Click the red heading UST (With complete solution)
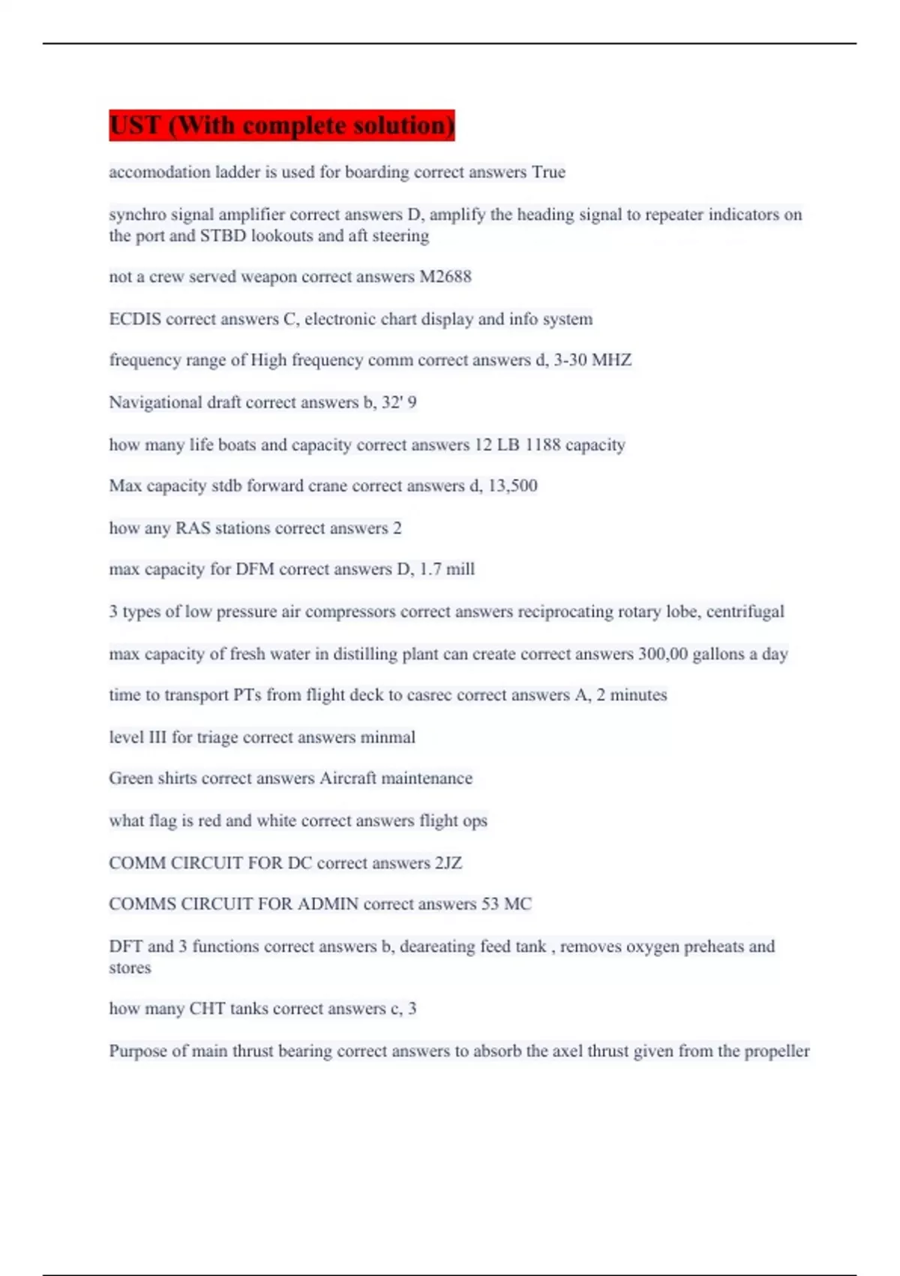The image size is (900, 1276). [281, 125]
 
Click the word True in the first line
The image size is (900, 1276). [548, 172]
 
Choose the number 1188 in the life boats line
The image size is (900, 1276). [542, 444]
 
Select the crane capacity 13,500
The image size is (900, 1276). [512, 486]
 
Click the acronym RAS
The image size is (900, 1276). [193, 528]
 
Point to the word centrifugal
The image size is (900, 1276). [745, 611]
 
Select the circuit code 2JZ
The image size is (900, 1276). [448, 862]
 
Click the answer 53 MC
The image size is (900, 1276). [506, 904]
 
